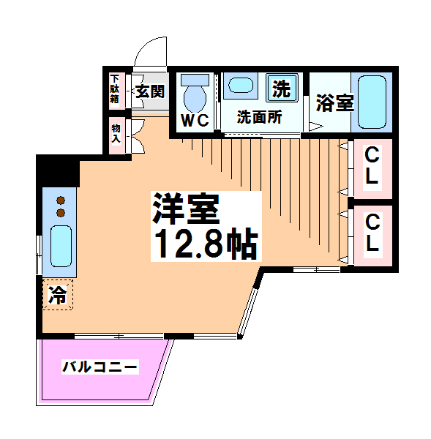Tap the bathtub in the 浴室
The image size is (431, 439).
point(372,102)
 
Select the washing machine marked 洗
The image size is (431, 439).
point(282,88)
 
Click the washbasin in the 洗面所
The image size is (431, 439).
point(241,85)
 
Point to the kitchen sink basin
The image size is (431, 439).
point(61,246)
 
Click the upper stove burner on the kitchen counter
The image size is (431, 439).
point(61,200)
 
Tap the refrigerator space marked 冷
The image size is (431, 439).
point(58,295)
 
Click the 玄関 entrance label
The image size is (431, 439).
point(150,91)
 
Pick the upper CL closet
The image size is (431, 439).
point(372,168)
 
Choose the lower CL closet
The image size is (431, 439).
point(372,236)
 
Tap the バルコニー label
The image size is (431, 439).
point(100,367)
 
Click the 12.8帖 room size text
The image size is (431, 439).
point(206,243)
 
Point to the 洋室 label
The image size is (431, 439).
point(185,209)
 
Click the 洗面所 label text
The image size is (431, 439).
point(259,117)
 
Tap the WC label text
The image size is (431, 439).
point(195,121)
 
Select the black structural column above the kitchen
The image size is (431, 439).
point(58,170)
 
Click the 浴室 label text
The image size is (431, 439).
point(335,102)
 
